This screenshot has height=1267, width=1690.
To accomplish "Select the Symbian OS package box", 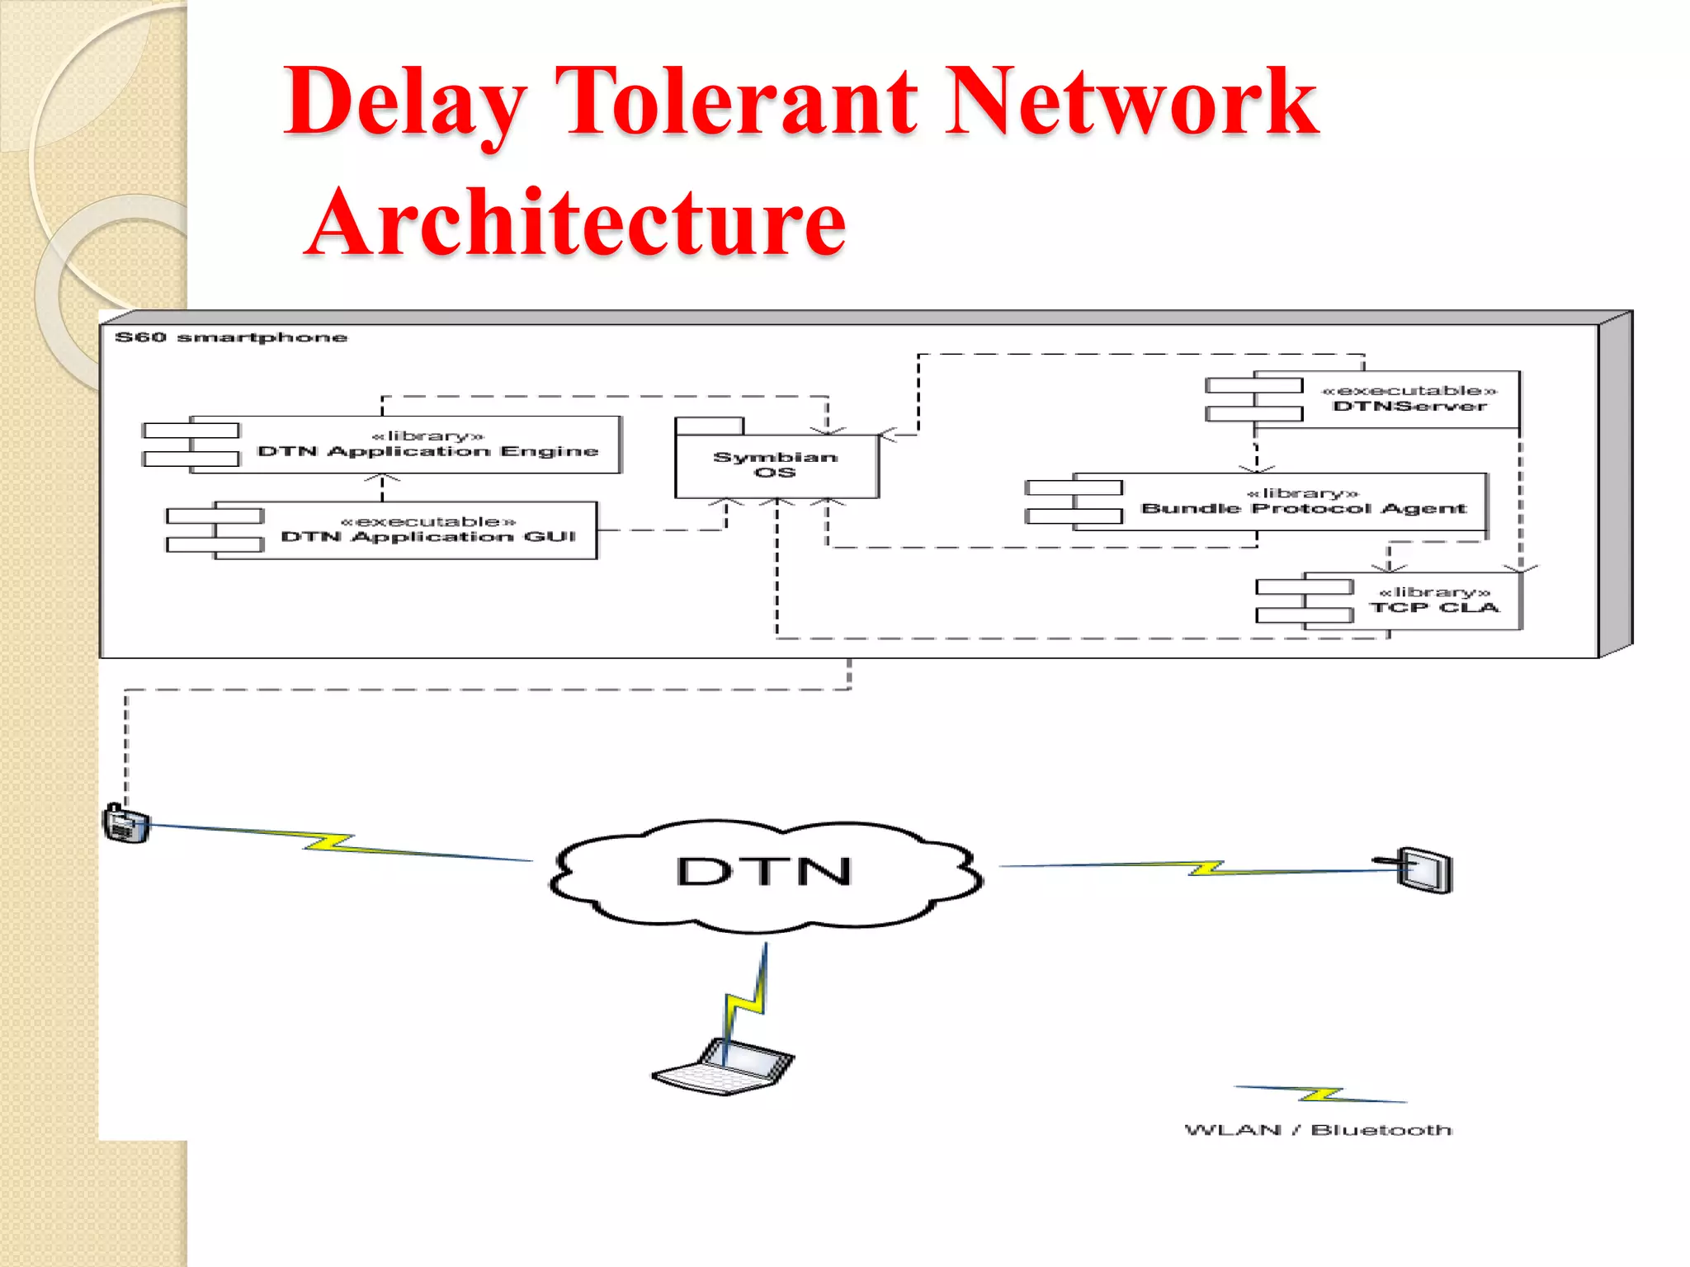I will point(776,464).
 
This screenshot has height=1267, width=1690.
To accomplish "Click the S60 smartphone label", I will point(231,337).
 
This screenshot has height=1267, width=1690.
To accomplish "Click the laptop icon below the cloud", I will point(725,1067).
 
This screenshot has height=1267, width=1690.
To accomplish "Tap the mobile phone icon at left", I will point(126,823).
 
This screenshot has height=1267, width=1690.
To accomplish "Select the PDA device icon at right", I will point(1425,869).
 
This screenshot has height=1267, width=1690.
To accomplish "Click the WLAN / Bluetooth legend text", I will point(1318,1130).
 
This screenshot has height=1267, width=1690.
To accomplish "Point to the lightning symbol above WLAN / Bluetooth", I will point(1320,1095).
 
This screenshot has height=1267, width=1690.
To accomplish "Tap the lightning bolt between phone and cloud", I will point(330,843).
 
